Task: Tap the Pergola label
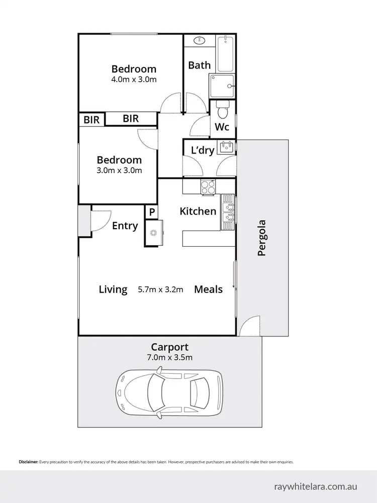(x=261, y=238)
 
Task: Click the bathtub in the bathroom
(x=226, y=53)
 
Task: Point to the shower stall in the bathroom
(x=222, y=86)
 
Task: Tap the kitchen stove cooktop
(x=208, y=187)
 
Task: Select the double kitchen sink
(x=229, y=211)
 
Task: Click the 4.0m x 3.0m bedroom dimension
(x=134, y=80)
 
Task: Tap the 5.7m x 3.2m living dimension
(x=160, y=290)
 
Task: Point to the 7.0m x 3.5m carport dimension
(x=170, y=357)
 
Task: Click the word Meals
(x=208, y=290)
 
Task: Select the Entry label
(x=125, y=226)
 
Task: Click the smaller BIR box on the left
(x=91, y=120)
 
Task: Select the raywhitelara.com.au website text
(x=316, y=486)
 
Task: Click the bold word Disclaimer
(x=29, y=462)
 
